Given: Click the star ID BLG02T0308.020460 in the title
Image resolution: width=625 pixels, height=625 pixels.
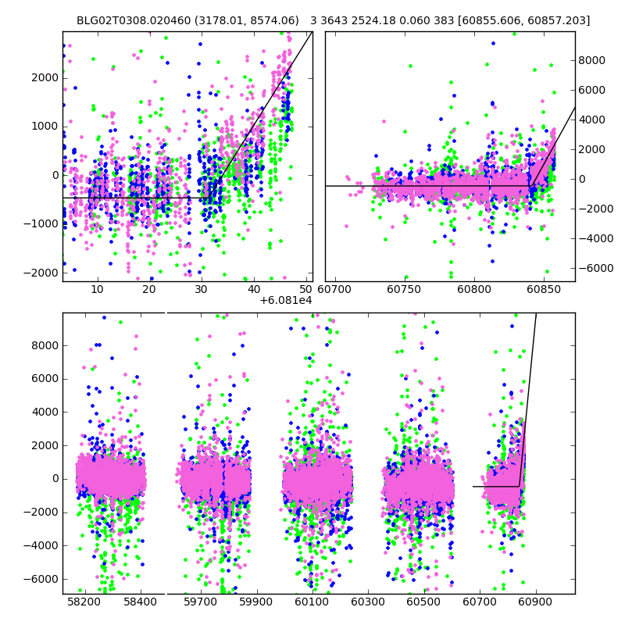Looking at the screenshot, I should (128, 20).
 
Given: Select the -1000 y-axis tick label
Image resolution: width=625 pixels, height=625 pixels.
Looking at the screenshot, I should (42, 223).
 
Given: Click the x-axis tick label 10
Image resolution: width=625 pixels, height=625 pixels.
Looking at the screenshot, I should (98, 289).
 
